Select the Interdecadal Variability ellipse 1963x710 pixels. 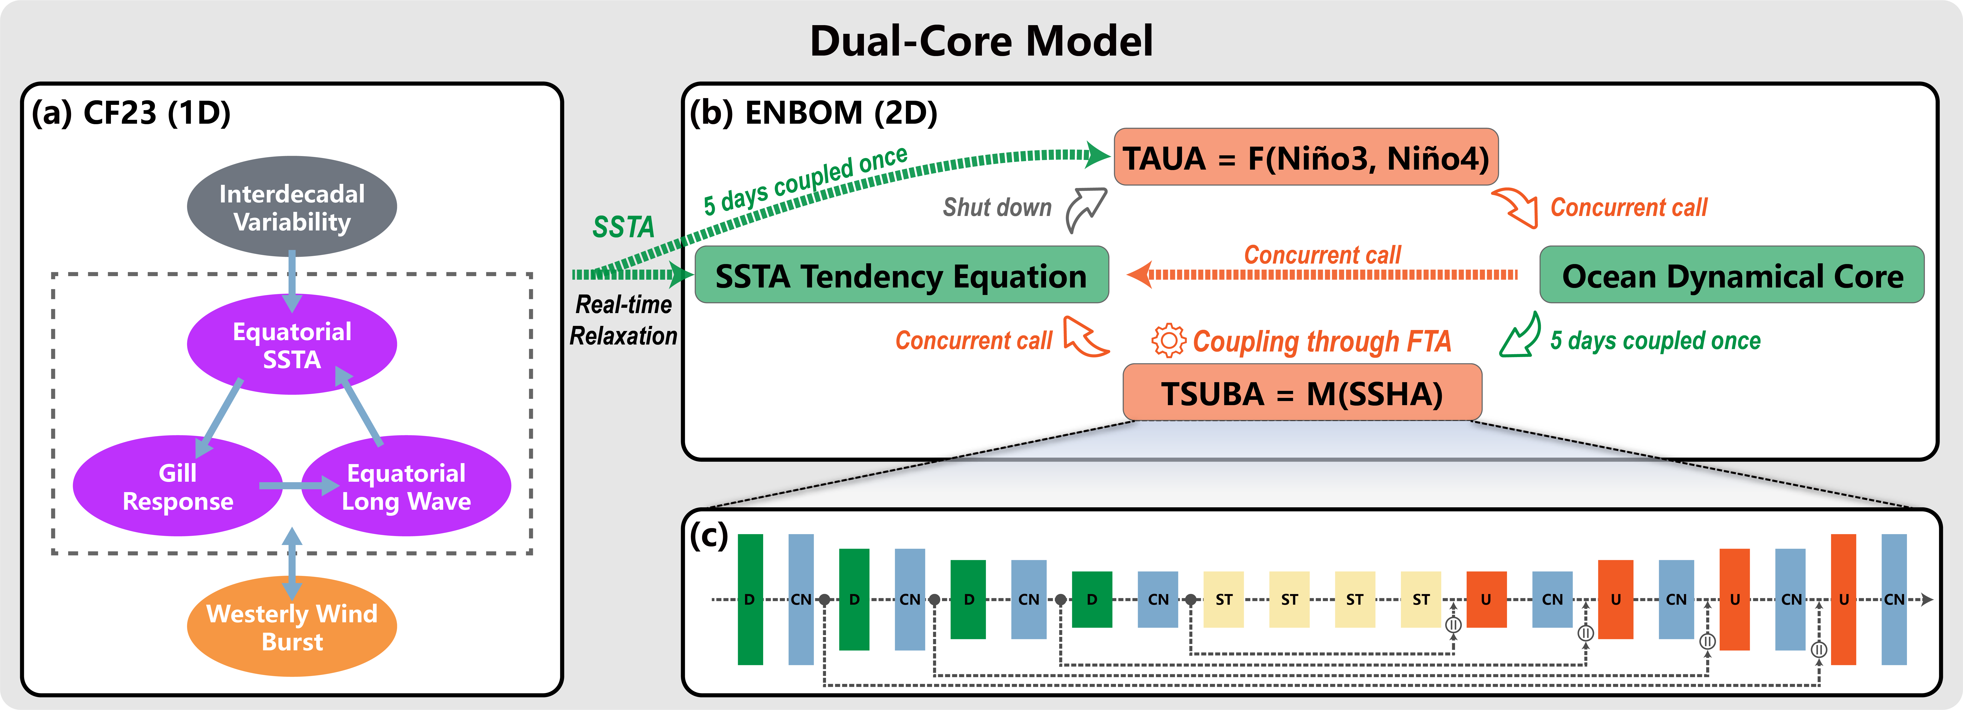point(292,207)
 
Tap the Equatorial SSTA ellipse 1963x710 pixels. point(292,344)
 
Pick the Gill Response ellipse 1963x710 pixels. point(178,486)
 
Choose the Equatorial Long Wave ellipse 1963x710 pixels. point(406,486)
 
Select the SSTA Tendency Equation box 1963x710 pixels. point(901,275)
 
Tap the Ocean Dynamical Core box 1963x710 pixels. point(1731,275)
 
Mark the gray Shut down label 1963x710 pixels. point(997,207)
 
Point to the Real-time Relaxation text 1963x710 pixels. point(623,320)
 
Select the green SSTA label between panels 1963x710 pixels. point(623,227)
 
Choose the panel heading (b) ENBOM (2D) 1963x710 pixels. point(813,113)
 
